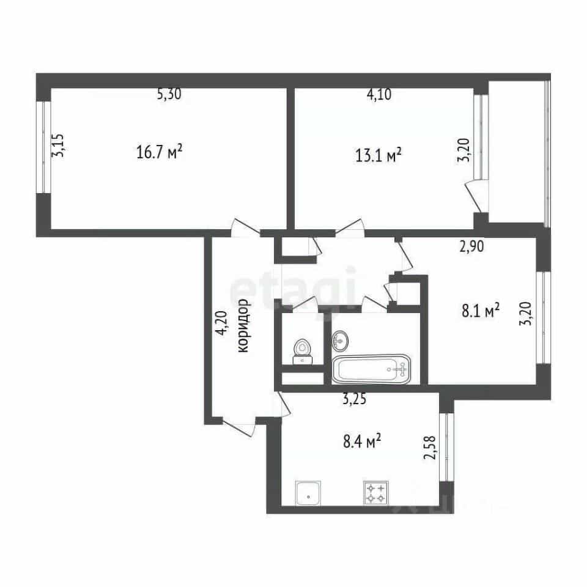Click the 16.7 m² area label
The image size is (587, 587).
159,152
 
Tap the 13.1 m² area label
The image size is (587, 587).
378,155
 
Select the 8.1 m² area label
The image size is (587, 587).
481,311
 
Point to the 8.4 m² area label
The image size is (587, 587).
362,441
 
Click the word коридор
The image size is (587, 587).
243,325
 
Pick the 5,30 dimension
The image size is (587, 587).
169,94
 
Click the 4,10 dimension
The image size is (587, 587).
379,94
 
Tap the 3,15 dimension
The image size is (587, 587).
58,146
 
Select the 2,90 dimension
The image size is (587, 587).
471,246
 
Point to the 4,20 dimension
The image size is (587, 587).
221,323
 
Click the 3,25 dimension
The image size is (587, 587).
354,399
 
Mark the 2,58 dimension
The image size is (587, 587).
430,448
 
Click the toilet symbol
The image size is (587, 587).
303,351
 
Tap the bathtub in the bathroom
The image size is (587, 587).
371,369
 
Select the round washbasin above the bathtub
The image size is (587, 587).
340,341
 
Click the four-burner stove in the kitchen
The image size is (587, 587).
375,493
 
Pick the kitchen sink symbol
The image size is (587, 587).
308,493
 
